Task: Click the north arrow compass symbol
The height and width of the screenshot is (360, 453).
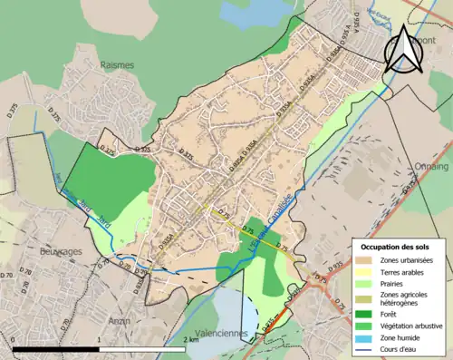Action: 403,50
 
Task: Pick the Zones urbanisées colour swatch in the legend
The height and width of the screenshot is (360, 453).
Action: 366,260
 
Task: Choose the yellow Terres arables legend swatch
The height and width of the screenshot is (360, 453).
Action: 366,272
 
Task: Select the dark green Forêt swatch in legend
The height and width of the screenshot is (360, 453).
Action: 366,311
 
